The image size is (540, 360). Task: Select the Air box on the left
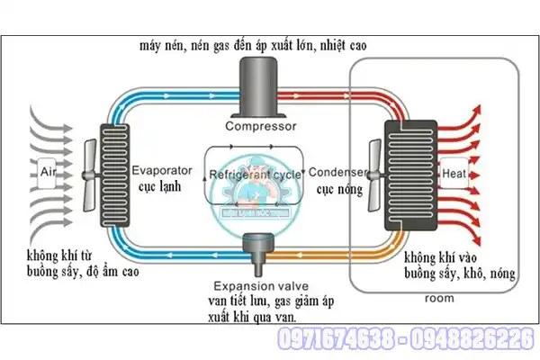(x=49, y=171)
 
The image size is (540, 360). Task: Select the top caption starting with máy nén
(x=253, y=44)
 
